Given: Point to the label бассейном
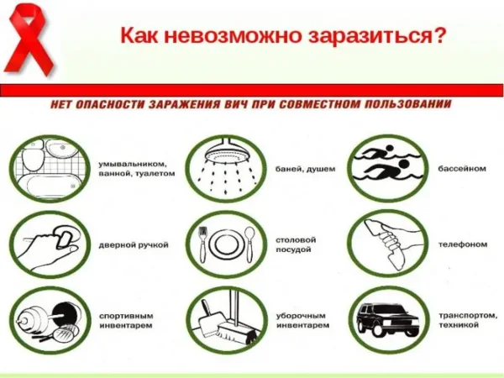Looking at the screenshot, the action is point(462,169).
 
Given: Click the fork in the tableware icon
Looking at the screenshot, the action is point(202,245).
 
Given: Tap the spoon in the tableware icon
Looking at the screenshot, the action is point(249,245).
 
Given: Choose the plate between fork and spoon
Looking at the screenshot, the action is point(226,245).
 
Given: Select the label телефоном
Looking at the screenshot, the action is point(463,245).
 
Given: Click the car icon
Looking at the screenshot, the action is point(388,319).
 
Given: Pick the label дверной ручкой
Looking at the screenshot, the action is point(134,245).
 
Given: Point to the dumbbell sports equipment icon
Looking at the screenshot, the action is point(49,322).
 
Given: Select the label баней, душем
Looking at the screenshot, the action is point(306,170).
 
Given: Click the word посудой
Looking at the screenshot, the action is point(293,249).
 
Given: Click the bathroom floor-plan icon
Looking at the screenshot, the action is point(50,169).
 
